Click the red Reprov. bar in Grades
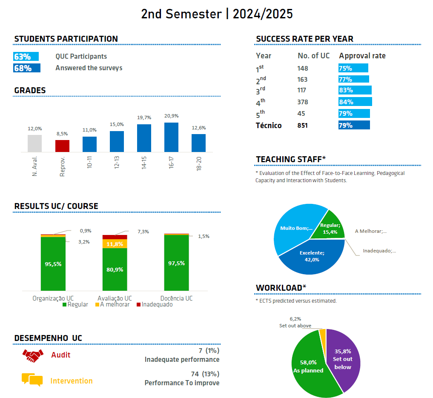[x=62, y=146]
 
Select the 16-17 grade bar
[x=171, y=137]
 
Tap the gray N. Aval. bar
[x=35, y=143]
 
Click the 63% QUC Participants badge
[x=26, y=57]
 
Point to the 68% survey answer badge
[x=27, y=68]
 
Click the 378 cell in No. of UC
[x=303, y=102]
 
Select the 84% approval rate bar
[x=355, y=102]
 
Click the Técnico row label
[x=269, y=125]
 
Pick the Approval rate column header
[x=362, y=56]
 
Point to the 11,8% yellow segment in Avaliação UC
[x=115, y=244]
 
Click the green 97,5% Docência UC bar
[x=176, y=263]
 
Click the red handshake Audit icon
[x=32, y=355]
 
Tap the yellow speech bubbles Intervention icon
[x=32, y=379]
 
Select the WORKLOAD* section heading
[x=281, y=288]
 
